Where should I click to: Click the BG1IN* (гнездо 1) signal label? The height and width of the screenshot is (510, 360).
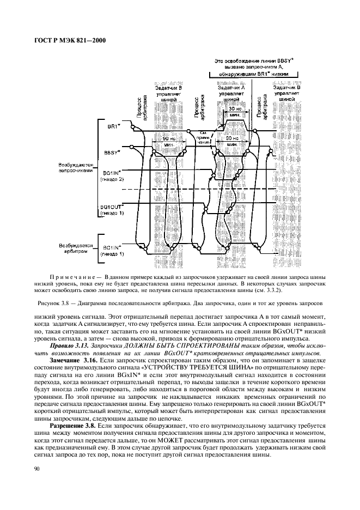tap(113, 251)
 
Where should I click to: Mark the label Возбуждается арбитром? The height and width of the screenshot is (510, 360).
tap(77, 250)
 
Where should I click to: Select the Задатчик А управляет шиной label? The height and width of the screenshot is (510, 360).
tap(231, 94)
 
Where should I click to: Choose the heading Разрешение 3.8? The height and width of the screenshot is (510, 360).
tap(74, 424)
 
